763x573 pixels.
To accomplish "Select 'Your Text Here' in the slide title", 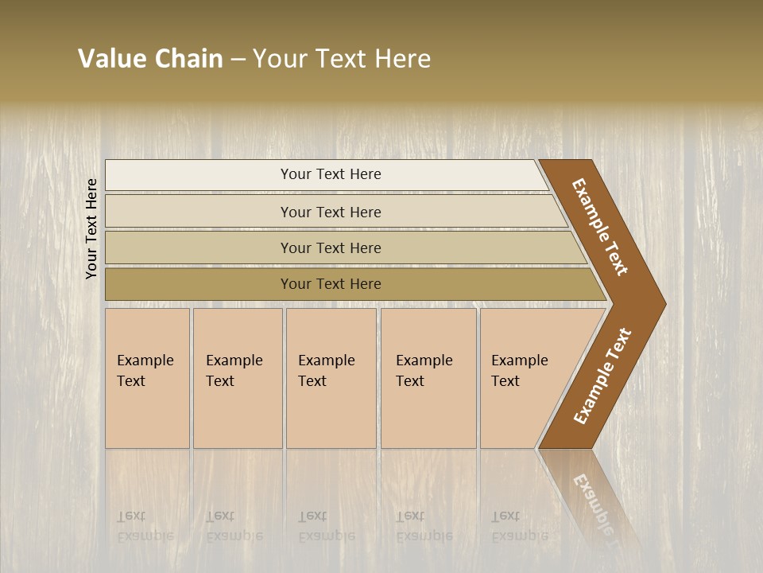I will tap(342, 59).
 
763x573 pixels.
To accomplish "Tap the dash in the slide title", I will tap(238, 60).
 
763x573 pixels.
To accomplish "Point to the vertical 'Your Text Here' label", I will tap(91, 228).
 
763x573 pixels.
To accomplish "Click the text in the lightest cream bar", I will tap(331, 174).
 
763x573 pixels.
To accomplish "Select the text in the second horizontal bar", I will tap(331, 212).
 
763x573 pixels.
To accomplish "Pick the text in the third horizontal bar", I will tap(331, 248).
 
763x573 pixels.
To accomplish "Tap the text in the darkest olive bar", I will tap(331, 284).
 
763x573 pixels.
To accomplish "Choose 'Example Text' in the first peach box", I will tap(145, 371).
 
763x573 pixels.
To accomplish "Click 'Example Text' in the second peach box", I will tap(234, 371).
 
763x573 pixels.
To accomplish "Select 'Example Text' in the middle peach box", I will tap(326, 371).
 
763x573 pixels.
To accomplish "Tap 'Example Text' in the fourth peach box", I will tap(424, 371).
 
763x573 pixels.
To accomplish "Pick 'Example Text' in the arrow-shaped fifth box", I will tap(519, 371).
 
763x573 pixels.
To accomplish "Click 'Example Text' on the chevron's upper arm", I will tap(600, 227).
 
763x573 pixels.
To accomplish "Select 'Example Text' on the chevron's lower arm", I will tap(602, 376).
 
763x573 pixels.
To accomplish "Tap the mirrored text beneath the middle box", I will tap(326, 527).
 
